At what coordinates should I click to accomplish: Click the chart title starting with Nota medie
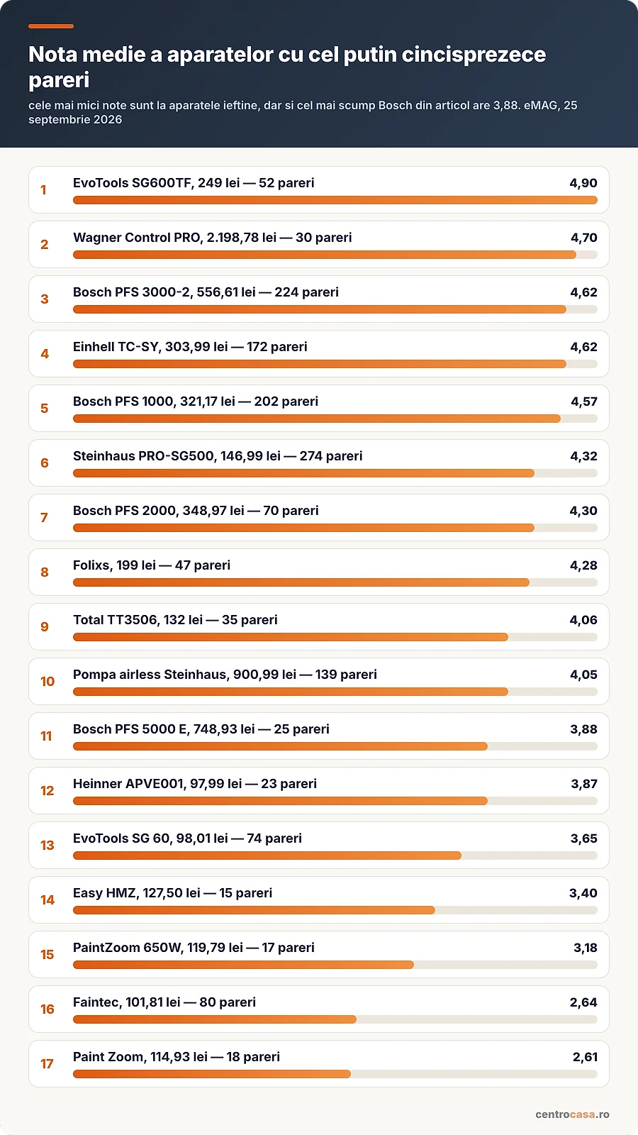pyautogui.click(x=287, y=67)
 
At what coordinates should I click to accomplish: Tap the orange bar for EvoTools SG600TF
pyautogui.click(x=335, y=200)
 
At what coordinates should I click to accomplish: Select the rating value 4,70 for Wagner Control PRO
pyautogui.click(x=584, y=238)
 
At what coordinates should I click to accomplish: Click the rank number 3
pyautogui.click(x=45, y=299)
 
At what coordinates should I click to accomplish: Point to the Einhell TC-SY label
pyautogui.click(x=190, y=347)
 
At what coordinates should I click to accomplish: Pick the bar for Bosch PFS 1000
pyautogui.click(x=316, y=419)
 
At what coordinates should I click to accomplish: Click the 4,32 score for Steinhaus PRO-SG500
pyautogui.click(x=584, y=456)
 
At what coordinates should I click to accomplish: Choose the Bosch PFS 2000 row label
pyautogui.click(x=196, y=511)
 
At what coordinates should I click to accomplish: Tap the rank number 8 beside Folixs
pyautogui.click(x=45, y=572)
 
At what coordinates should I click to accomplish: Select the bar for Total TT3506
pyautogui.click(x=290, y=637)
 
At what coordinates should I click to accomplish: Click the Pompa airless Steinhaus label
pyautogui.click(x=225, y=675)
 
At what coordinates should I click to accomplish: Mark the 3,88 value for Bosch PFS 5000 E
pyautogui.click(x=584, y=729)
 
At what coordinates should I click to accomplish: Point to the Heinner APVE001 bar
pyautogui.click(x=280, y=801)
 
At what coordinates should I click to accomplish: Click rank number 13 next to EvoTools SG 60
pyautogui.click(x=47, y=845)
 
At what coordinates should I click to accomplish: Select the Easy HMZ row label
pyautogui.click(x=172, y=893)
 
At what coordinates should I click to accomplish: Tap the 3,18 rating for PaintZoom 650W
pyautogui.click(x=586, y=948)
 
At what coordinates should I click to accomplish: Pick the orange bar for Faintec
pyautogui.click(x=215, y=1019)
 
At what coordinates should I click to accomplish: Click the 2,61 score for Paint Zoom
pyautogui.click(x=585, y=1057)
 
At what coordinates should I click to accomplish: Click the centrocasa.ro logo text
pyautogui.click(x=572, y=1114)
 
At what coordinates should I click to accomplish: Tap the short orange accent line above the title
pyautogui.click(x=51, y=26)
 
